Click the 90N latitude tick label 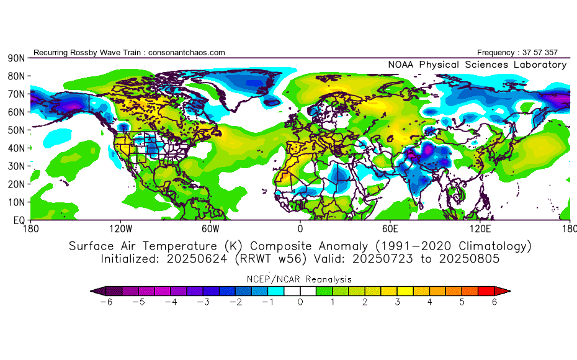click(16, 58)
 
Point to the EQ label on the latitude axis click(18, 220)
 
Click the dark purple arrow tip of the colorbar click(96, 290)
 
